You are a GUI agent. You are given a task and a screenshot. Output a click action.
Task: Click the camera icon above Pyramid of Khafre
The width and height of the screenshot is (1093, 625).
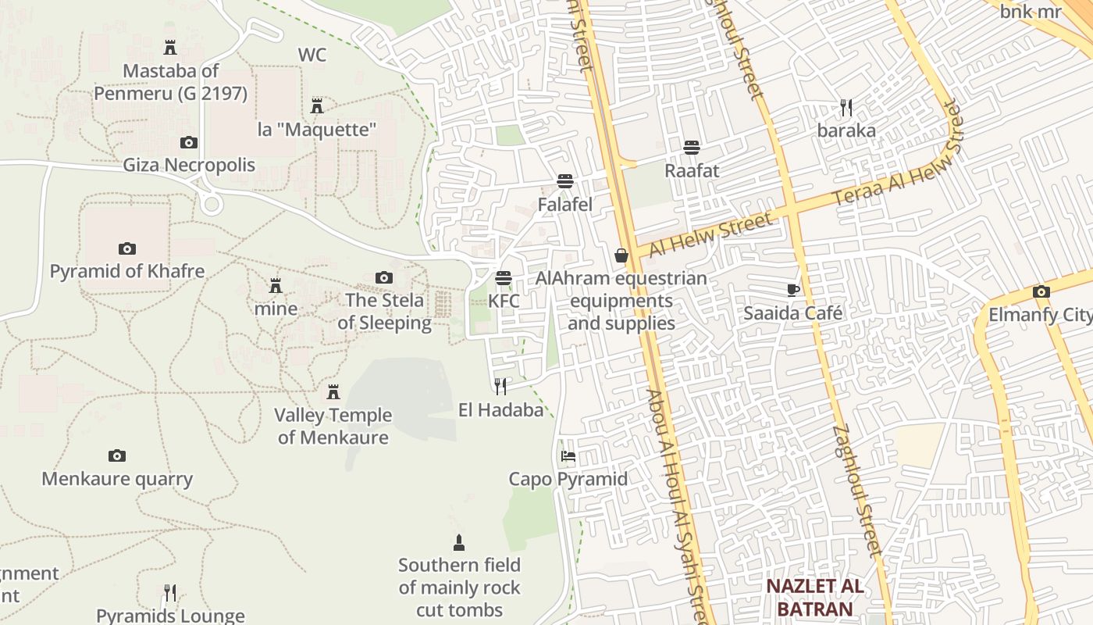click(127, 249)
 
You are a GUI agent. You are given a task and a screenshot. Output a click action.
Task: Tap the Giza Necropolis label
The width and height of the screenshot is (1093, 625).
click(189, 165)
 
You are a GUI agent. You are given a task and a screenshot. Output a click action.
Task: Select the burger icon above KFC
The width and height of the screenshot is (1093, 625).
click(504, 278)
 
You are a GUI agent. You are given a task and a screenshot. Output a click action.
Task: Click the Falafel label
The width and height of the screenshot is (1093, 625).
click(565, 205)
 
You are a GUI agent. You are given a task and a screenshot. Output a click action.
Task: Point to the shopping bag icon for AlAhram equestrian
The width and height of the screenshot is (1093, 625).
click(621, 255)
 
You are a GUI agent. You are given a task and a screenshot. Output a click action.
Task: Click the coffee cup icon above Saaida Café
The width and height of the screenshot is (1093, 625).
click(793, 291)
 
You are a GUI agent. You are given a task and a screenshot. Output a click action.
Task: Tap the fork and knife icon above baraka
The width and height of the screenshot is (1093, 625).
click(846, 108)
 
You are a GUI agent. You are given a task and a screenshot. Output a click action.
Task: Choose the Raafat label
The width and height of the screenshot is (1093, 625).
click(692, 170)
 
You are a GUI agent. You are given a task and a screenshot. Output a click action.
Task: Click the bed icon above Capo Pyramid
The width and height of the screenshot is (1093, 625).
click(568, 456)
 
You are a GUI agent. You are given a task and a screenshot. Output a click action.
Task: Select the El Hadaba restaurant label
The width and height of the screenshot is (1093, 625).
click(500, 409)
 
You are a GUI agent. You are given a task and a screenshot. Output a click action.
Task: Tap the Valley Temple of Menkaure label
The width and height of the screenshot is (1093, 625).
click(333, 426)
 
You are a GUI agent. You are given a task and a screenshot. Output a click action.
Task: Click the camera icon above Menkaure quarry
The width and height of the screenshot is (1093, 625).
click(117, 455)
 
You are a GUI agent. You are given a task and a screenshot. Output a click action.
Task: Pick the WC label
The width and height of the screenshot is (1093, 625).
click(312, 55)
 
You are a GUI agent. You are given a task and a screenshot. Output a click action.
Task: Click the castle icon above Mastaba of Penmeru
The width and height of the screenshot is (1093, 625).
click(170, 48)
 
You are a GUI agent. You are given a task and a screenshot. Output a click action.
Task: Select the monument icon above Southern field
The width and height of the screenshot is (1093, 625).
click(459, 542)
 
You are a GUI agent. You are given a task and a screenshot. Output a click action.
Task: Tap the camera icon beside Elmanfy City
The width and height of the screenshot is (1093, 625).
click(1041, 292)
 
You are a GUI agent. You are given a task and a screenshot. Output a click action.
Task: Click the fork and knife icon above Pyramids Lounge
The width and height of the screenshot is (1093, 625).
click(170, 593)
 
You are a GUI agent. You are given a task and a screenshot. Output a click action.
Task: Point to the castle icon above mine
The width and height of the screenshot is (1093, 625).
click(275, 286)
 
